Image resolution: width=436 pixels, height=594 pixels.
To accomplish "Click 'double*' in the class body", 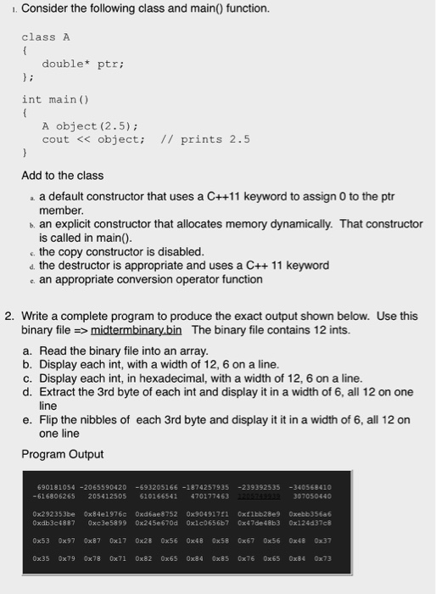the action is point(63,64).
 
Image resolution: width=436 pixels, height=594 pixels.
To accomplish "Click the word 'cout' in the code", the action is point(56,139).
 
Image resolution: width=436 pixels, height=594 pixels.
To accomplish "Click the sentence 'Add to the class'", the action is point(62,176).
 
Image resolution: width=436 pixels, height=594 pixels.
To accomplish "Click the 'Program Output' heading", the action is point(62,453).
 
